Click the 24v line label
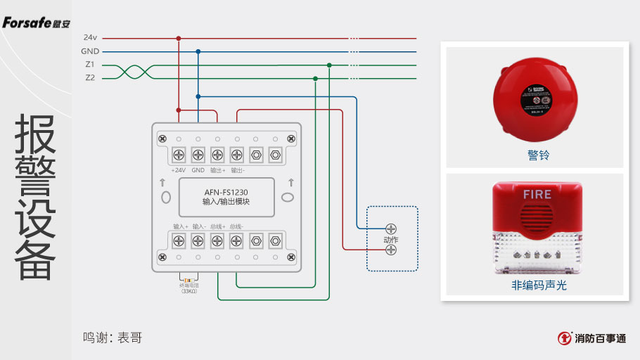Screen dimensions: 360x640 click(90, 38)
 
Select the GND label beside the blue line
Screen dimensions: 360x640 click(90, 51)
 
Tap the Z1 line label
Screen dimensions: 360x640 click(90, 65)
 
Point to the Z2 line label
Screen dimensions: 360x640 click(90, 78)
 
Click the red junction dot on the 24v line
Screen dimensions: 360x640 click(179, 38)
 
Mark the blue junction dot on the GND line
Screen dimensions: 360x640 click(198, 51)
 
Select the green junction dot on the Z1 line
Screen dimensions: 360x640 click(329, 65)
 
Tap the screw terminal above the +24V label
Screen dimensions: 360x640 click(179, 154)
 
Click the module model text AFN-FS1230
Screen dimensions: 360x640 click(226, 191)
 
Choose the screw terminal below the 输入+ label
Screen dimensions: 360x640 click(179, 241)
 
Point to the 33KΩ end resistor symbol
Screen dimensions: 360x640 click(188, 280)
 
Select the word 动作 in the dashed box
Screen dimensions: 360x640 click(390, 239)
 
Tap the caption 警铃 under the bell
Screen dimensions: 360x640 click(538, 155)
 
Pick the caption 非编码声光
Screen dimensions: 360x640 click(539, 285)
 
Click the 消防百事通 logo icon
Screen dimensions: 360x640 click(564, 338)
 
